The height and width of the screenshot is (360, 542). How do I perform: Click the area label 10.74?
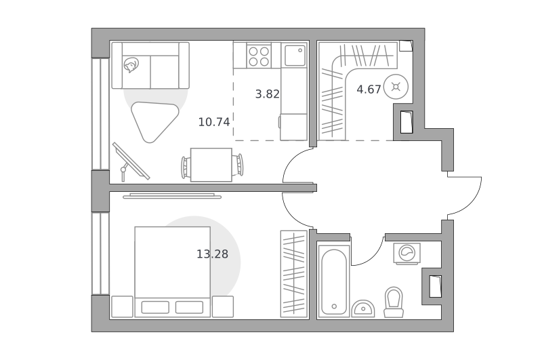point(214,122)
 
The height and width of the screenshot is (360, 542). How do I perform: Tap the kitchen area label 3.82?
point(267,94)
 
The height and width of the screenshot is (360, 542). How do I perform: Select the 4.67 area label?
point(369,89)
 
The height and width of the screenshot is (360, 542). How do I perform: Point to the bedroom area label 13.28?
point(212,254)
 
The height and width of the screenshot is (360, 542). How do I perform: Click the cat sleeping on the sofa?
point(131,64)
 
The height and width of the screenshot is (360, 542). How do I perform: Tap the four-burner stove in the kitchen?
point(259,56)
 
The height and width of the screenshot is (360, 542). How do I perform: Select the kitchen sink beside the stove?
point(295,56)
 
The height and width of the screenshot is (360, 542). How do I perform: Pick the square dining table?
point(211,165)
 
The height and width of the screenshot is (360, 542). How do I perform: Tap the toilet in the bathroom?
point(394,302)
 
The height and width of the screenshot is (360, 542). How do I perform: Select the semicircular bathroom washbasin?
point(363,308)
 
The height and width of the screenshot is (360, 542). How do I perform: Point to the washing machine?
point(407,254)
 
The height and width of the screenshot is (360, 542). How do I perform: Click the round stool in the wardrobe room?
point(396,87)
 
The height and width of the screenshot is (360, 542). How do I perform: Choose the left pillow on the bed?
point(155,307)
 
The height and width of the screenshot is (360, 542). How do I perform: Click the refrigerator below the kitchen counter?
point(293,127)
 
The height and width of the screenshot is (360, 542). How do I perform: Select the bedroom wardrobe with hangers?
point(294,273)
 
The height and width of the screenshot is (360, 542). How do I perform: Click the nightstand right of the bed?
point(223,306)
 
